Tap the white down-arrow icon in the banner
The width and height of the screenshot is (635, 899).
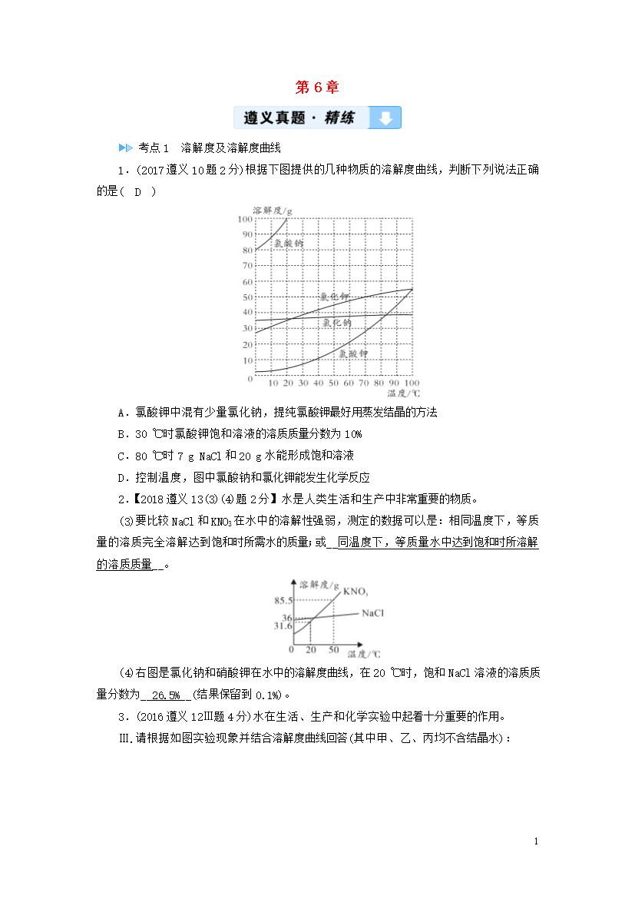click(385, 118)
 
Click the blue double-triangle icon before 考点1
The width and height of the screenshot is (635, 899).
click(125, 148)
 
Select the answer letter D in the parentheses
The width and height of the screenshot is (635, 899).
click(138, 191)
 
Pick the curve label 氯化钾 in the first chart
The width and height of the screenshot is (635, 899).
click(334, 297)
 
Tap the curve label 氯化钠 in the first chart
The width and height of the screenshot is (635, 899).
click(336, 323)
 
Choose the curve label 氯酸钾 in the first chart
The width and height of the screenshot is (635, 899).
click(353, 353)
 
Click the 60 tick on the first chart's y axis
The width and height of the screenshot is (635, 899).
click(246, 281)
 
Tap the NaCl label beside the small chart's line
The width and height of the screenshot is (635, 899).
click(372, 613)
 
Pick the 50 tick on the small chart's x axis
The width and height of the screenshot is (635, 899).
click(334, 649)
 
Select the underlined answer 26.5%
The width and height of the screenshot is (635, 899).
click(166, 695)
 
